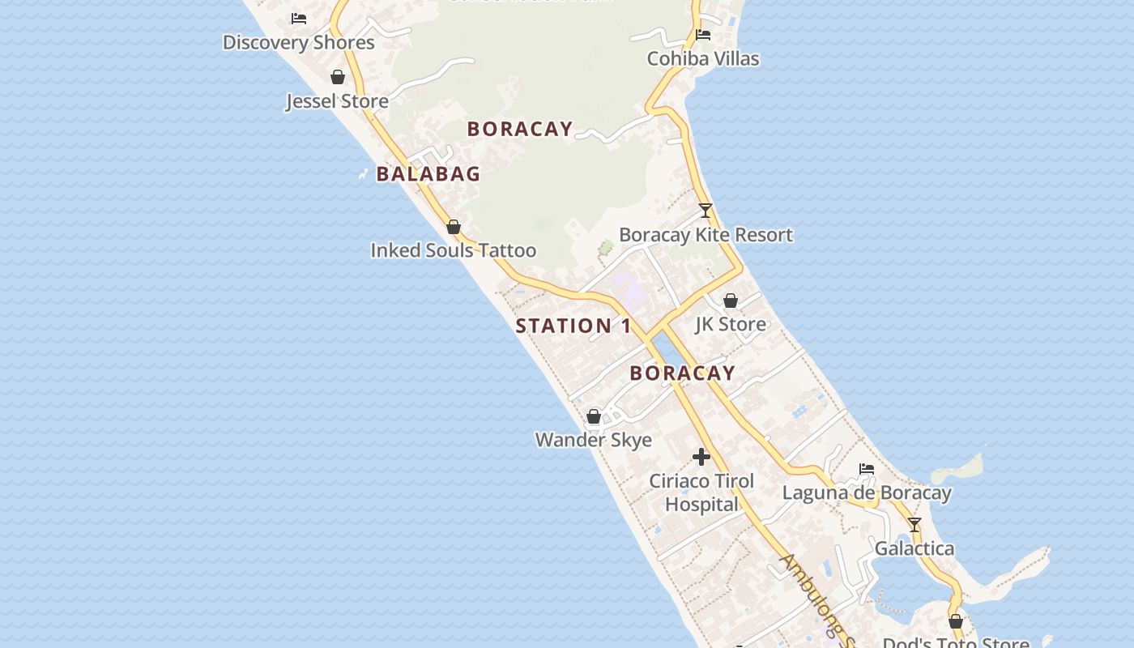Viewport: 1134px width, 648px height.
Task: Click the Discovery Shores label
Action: [x=298, y=42]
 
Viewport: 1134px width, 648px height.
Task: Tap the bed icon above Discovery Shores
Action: [x=299, y=18]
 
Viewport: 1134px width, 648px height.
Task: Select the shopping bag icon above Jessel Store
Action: [x=338, y=77]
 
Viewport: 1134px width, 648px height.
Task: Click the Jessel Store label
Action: [x=337, y=101]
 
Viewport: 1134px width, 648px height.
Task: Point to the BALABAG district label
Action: [x=428, y=173]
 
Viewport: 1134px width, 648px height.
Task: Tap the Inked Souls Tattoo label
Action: [x=453, y=250]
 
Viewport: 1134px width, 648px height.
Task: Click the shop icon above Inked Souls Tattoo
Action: [x=454, y=227]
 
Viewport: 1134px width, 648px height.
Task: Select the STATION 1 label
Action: [x=573, y=326]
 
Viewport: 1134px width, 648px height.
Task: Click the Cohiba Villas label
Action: [x=702, y=58]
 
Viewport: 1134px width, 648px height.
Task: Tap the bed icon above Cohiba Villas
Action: [x=703, y=35]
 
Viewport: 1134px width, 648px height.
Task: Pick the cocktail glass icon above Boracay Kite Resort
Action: [x=706, y=211]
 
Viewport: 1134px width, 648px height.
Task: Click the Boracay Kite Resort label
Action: [x=706, y=235]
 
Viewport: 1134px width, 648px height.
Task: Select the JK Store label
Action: [x=730, y=324]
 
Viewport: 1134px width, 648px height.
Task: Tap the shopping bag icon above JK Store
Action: [x=731, y=301]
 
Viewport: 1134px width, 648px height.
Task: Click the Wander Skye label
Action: [x=593, y=440]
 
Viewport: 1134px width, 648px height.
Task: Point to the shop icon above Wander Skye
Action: [x=594, y=416]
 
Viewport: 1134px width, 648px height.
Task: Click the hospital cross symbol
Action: [x=701, y=457]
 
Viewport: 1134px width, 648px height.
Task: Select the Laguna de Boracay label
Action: [x=866, y=492]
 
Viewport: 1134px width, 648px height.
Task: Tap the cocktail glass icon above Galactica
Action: [x=914, y=525]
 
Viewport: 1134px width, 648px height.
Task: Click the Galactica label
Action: [x=914, y=548]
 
